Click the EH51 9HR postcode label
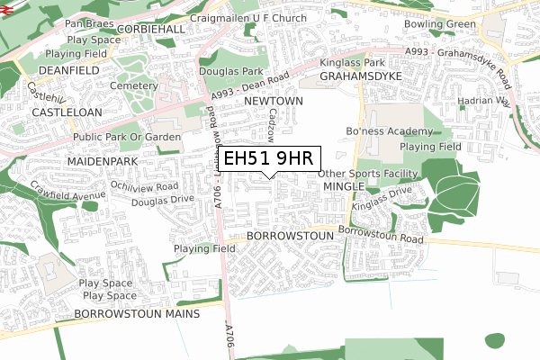pyautogui.click(x=267, y=159)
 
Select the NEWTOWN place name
pyautogui.click(x=273, y=103)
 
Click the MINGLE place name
pyautogui.click(x=343, y=186)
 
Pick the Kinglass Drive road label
pyautogui.click(x=381, y=200)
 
